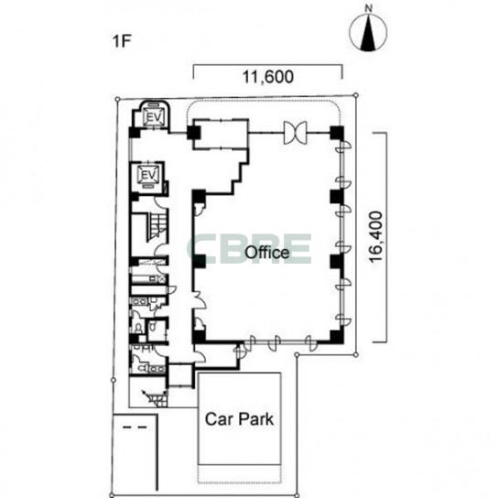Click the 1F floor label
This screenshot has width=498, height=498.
(122, 40)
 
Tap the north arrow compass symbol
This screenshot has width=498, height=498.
(368, 32)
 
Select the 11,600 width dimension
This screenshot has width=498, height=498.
(268, 77)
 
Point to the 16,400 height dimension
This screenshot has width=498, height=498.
(376, 237)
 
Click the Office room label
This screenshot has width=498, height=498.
(267, 253)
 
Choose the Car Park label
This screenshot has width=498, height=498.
(239, 419)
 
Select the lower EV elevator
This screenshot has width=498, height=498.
(149, 176)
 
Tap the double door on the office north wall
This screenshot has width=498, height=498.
(296, 133)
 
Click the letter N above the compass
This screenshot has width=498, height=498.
(368, 9)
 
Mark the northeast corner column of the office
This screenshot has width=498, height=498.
(337, 133)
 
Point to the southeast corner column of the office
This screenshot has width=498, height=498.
(337, 337)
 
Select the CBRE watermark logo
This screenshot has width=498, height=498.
(249, 249)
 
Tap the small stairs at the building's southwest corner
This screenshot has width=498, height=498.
(157, 397)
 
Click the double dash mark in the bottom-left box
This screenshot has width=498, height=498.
(135, 428)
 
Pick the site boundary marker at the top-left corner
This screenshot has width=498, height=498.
(117, 100)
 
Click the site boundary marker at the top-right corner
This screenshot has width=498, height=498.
(356, 95)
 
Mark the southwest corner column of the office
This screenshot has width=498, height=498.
(199, 337)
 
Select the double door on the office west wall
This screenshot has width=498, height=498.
(200, 300)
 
